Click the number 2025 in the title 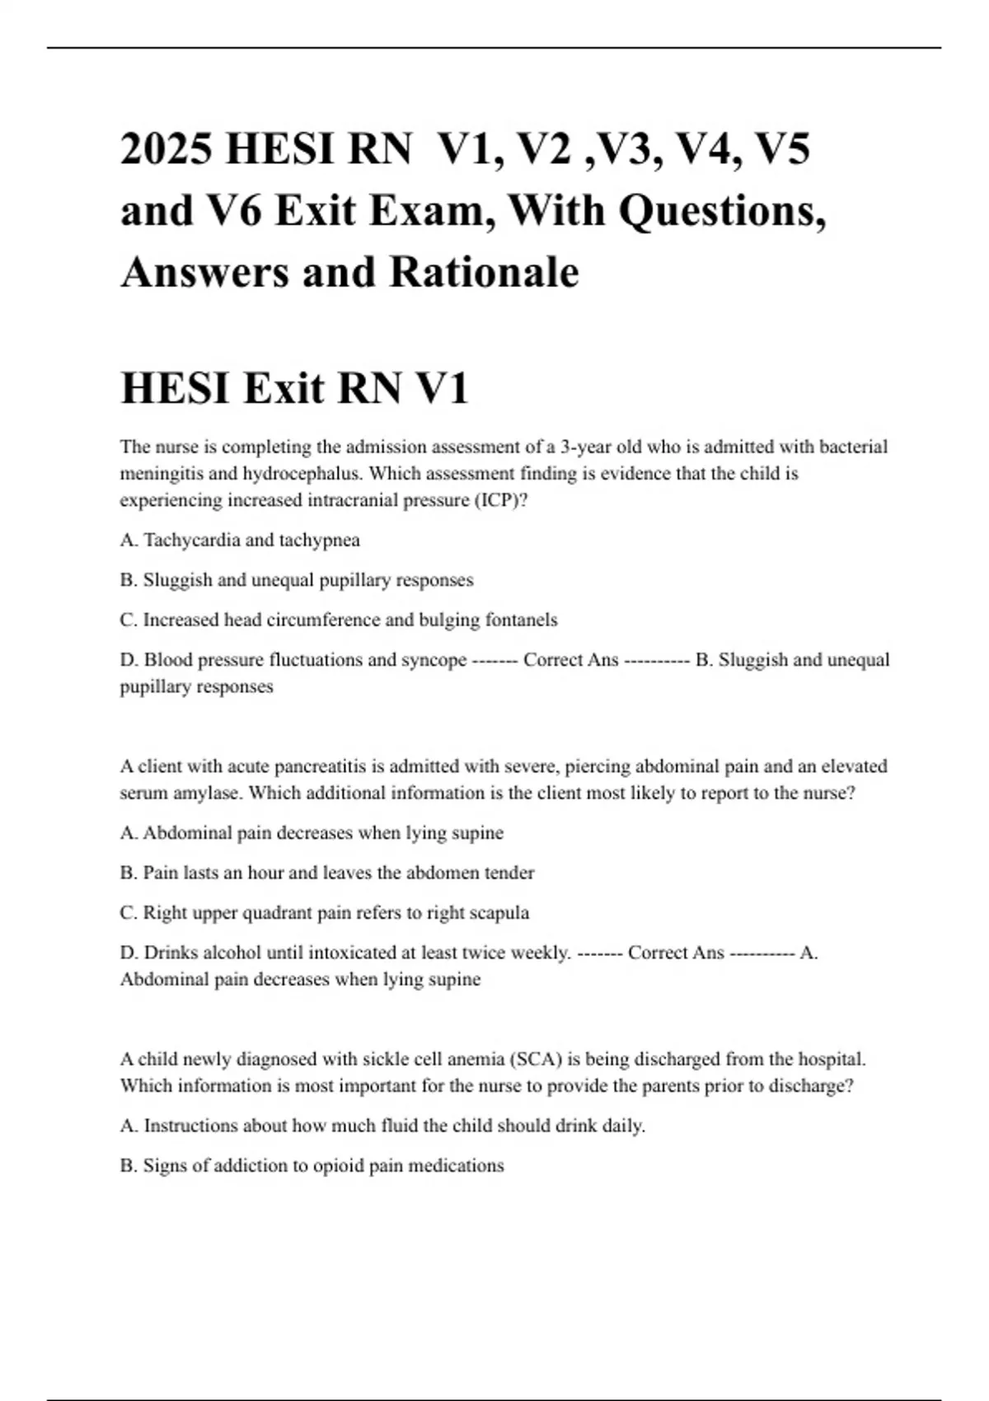point(166,150)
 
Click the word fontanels point(519,620)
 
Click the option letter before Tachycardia point(128,541)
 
